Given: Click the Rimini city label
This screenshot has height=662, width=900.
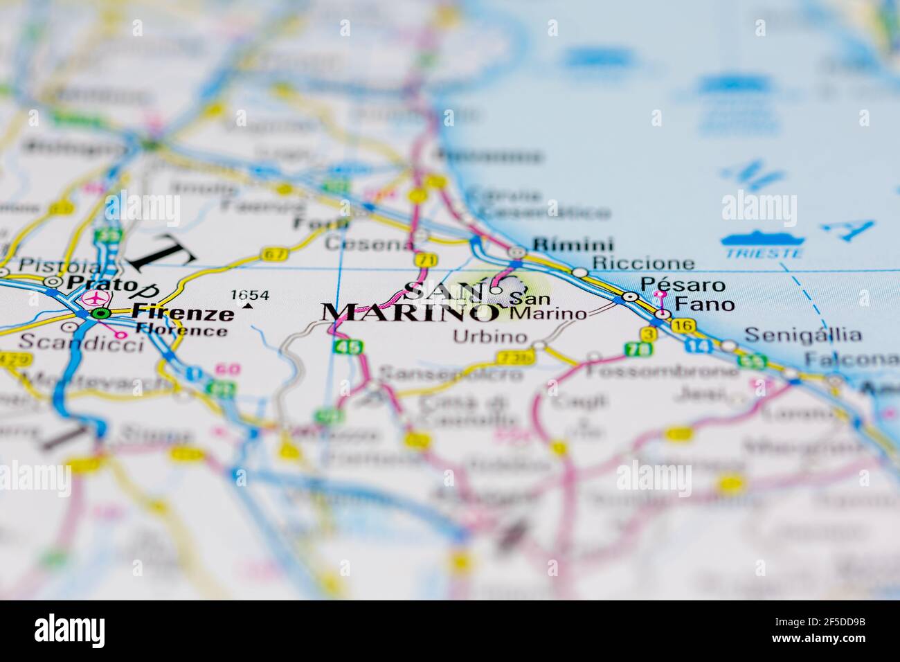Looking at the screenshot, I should (573, 244).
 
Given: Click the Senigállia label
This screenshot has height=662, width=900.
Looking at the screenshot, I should (803, 336).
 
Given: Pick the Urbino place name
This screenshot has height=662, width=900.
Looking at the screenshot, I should (489, 337).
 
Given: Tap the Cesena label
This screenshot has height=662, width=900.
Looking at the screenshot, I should (358, 244).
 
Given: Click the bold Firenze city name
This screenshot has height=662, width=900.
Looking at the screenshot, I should (183, 313).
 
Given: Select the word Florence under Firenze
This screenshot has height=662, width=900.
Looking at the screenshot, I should (181, 330).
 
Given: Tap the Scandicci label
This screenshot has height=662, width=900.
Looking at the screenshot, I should (81, 341).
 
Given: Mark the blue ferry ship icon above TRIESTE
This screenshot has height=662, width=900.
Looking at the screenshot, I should (762, 240).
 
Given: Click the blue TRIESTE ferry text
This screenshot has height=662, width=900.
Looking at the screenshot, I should (764, 253).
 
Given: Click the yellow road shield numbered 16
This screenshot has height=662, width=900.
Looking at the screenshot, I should (685, 325).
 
